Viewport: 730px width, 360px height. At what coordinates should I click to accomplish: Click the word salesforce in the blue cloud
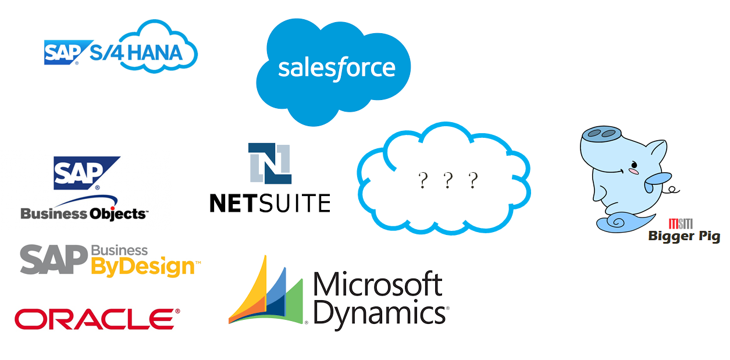[x=337, y=68]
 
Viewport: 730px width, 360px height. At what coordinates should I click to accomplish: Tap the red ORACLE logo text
[x=97, y=319]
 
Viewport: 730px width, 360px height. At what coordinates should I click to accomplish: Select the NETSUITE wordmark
[x=270, y=203]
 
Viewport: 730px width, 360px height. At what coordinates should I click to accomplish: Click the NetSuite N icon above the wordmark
[x=270, y=163]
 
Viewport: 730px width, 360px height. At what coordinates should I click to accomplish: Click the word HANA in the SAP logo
[x=155, y=53]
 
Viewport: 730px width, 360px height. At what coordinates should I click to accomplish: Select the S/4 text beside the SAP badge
[x=106, y=53]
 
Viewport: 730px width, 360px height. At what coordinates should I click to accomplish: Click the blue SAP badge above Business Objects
[x=86, y=173]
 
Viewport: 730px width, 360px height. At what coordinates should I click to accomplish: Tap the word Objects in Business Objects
[x=117, y=213]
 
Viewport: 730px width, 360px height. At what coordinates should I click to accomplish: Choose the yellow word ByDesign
[x=144, y=267]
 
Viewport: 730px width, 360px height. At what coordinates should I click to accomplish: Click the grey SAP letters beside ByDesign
[x=54, y=259]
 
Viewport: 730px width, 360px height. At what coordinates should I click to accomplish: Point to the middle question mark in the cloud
[x=448, y=180]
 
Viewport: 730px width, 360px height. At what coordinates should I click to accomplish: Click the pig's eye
[x=633, y=164]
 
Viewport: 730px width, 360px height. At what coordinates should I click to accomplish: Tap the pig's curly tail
[x=672, y=190]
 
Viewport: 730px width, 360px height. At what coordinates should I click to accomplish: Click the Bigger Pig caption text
[x=684, y=236]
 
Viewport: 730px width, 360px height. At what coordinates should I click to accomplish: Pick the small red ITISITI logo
[x=681, y=224]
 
